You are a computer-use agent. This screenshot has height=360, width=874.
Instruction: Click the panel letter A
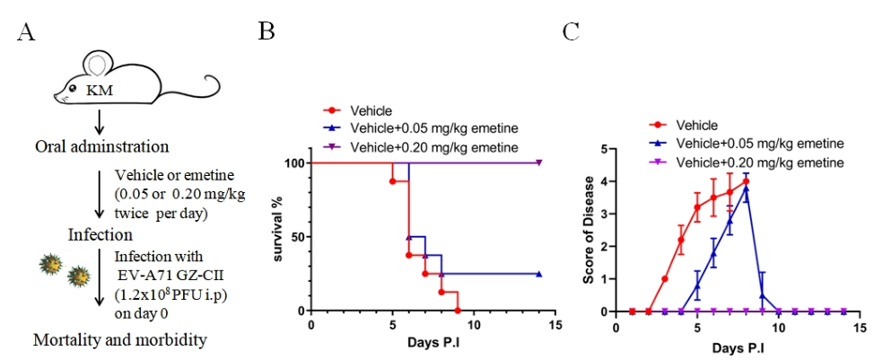tap(26, 33)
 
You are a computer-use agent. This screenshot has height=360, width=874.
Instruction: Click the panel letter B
tap(267, 32)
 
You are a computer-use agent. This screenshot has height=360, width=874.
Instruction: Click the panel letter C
tap(571, 32)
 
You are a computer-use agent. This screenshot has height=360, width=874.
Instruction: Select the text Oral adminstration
tap(101, 145)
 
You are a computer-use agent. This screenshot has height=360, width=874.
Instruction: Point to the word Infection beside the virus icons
tap(101, 234)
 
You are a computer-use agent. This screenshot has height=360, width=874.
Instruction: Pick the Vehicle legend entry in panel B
tap(371, 110)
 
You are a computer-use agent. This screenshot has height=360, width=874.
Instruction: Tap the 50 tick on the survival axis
tap(293, 237)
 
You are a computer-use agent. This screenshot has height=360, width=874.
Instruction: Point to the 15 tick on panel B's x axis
tap(555, 324)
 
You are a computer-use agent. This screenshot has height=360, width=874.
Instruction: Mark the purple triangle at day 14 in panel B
tap(539, 162)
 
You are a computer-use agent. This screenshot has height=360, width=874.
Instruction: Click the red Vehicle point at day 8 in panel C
tap(746, 181)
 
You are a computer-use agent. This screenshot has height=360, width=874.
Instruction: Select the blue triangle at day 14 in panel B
tap(539, 274)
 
